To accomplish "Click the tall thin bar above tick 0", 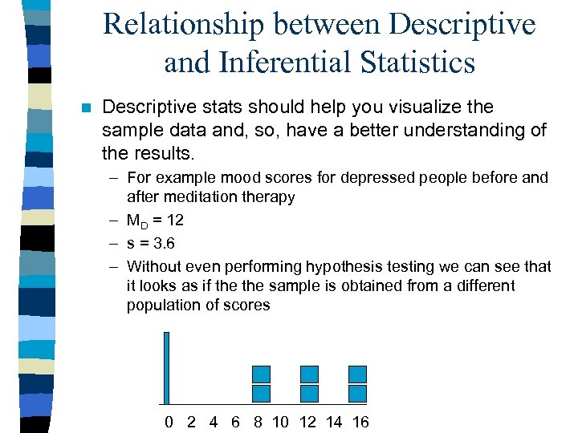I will pos(167,367).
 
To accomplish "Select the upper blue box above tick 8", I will pos(262,374).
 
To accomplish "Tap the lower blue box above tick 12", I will pos(309,393).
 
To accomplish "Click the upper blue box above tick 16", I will pos(357,374).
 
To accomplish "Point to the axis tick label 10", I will pos(280,422).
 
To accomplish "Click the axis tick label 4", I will pos(213,422).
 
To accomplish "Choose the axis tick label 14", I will pos(333,422).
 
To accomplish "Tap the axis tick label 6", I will pos(235,422).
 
